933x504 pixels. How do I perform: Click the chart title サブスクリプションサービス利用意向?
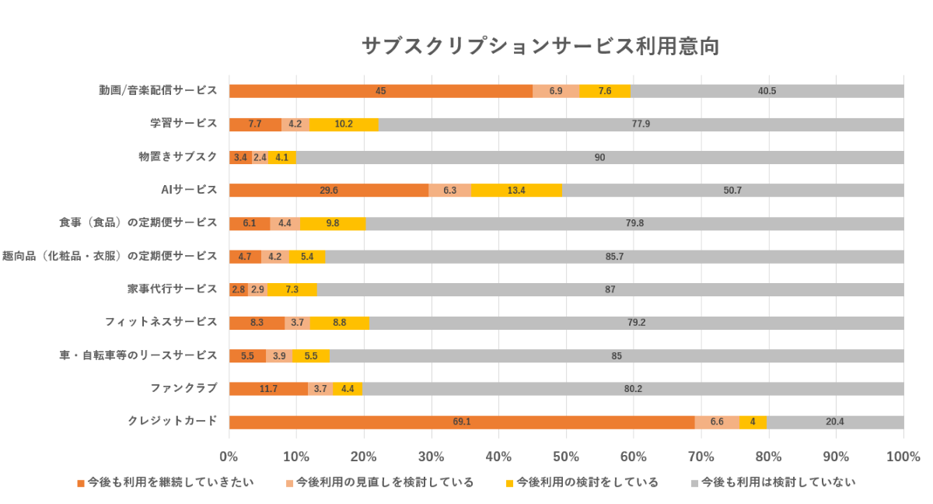point(540,46)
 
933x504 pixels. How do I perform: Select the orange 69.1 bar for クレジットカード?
point(462,422)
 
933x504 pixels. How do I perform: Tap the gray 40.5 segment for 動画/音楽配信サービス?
point(767,91)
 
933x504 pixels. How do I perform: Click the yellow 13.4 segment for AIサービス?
point(516,191)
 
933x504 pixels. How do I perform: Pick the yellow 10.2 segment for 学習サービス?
point(343,124)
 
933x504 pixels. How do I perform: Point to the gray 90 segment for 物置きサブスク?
point(599,157)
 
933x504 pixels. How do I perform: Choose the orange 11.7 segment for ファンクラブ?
point(268,389)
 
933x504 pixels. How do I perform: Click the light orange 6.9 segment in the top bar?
point(556,91)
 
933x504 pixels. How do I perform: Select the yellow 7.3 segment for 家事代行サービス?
point(292,289)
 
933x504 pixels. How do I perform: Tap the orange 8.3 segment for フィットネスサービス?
point(257,323)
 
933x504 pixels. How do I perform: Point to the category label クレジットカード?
point(172,422)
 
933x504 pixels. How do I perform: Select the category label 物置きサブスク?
point(177,156)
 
